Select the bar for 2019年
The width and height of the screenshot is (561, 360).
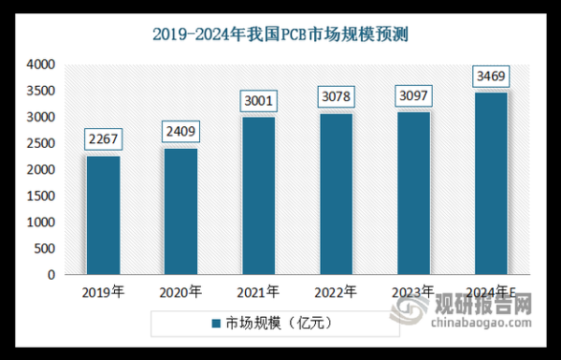coord(103,215)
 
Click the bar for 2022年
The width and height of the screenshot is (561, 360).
coord(337,194)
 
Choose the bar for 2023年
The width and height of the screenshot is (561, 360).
coord(414,194)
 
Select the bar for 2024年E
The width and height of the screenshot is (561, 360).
coord(492,183)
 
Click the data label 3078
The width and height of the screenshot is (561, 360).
coord(337,97)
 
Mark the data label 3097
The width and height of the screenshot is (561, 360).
coord(414,96)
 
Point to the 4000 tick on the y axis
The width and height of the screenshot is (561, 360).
coord(43,65)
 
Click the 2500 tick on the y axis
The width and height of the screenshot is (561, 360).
coord(43,144)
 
